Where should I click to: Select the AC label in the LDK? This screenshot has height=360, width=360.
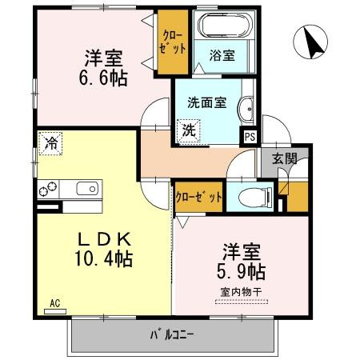[55, 303]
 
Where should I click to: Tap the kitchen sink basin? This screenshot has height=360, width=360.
[86, 190]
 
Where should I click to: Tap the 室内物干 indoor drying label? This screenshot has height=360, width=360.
[240, 290]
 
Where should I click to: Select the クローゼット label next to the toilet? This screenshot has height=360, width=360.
[198, 195]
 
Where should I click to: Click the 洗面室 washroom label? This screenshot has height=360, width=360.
[205, 103]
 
